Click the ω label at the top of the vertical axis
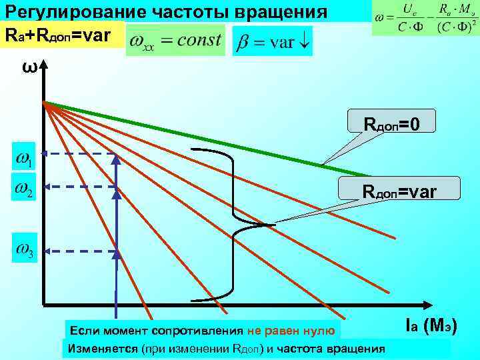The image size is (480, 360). click(27, 68)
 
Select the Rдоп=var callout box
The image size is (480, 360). click(399, 191)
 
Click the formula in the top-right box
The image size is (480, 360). click(425, 18)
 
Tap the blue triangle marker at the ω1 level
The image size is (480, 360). click(116, 159)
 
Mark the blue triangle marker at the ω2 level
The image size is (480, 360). click(116, 190)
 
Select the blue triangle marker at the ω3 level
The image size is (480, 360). click(116, 254)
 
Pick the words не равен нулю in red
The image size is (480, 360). click(293, 330)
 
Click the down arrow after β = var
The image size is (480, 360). click(303, 41)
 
